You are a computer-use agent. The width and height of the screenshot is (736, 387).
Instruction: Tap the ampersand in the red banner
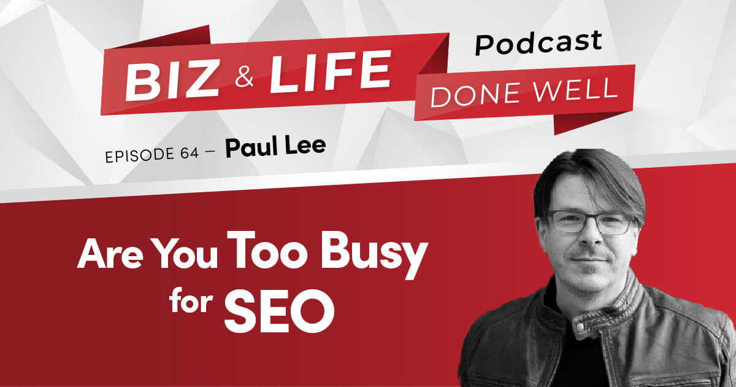[x=244, y=77]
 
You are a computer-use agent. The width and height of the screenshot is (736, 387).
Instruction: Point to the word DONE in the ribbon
[x=478, y=95]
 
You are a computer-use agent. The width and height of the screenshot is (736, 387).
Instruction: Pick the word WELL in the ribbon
[x=575, y=89]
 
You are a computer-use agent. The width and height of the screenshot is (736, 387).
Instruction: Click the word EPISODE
[x=140, y=155]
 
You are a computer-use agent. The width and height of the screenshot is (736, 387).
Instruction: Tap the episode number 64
[x=189, y=154]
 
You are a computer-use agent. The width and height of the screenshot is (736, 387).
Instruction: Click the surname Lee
[x=305, y=145]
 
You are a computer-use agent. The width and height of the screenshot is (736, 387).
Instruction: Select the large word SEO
[x=279, y=311]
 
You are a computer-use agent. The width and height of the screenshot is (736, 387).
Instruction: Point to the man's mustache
[x=591, y=254]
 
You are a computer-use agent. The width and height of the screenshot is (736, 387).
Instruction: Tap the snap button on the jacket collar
[x=580, y=327]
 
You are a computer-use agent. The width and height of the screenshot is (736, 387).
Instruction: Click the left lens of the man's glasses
[x=565, y=221]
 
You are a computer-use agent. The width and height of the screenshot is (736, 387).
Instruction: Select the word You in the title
[x=186, y=254]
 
